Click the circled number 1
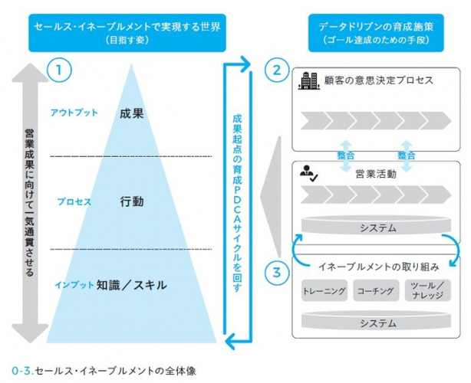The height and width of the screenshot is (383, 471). (59, 70)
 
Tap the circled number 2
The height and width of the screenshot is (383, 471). (277, 70)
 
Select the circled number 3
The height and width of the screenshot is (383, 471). (277, 273)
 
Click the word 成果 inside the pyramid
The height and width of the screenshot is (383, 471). (132, 113)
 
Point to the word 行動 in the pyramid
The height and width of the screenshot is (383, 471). (132, 201)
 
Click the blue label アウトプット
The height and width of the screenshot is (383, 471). (74, 113)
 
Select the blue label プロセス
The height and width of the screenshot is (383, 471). (74, 201)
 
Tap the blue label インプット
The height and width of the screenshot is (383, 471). (74, 285)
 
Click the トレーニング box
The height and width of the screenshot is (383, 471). (324, 290)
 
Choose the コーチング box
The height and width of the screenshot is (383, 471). (376, 290)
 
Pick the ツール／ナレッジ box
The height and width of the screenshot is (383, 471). (428, 290)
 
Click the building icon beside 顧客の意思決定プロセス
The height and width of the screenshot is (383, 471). (308, 81)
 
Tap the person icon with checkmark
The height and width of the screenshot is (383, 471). (308, 174)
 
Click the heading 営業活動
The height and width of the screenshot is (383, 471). (376, 174)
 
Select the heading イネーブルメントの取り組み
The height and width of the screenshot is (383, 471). (378, 267)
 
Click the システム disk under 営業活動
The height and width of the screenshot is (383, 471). (376, 224)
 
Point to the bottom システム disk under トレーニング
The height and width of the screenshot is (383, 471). (376, 319)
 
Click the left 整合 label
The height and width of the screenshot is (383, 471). (346, 155)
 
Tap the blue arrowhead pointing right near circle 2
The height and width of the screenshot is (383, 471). (245, 64)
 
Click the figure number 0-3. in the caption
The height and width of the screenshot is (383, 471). (22, 371)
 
